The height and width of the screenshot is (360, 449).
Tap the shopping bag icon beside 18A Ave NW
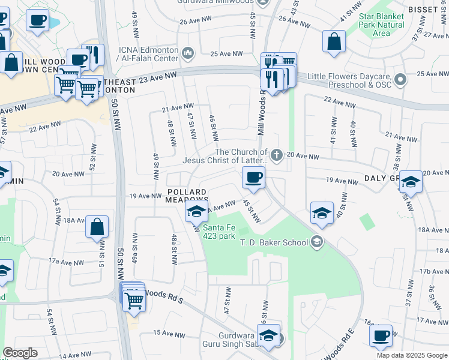[97, 227]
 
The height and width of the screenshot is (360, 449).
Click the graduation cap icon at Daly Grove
[411, 182]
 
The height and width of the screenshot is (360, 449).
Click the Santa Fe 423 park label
[218, 231]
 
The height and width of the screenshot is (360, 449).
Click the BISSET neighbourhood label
[427, 10]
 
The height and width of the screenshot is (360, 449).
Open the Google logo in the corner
[20, 353]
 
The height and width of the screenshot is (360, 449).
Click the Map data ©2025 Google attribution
[412, 355]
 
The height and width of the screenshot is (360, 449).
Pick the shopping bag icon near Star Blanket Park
[334, 41]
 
